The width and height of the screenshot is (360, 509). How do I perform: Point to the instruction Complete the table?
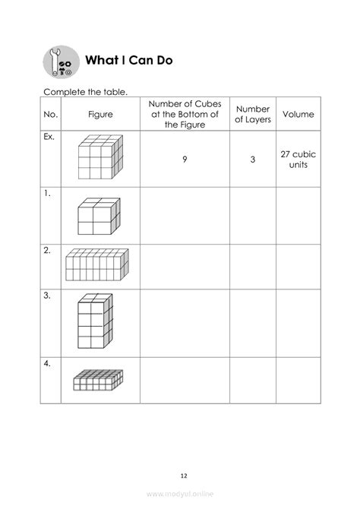(85, 92)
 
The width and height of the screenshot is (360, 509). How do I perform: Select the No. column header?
(51, 114)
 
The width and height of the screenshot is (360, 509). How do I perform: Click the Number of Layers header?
(252, 114)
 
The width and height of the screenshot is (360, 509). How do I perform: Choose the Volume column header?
(298, 114)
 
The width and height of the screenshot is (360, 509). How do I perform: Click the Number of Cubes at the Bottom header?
(185, 114)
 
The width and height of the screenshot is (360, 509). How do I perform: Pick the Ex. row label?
(50, 140)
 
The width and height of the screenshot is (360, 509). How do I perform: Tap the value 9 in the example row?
(185, 160)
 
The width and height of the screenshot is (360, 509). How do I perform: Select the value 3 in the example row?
(252, 160)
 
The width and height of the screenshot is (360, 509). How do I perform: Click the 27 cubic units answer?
(298, 160)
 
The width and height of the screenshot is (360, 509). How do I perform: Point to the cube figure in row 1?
(97, 215)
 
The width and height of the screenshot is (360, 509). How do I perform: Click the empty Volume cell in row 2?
(298, 266)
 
